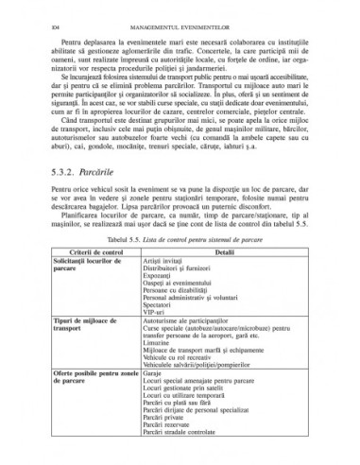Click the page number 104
point(44,11)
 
